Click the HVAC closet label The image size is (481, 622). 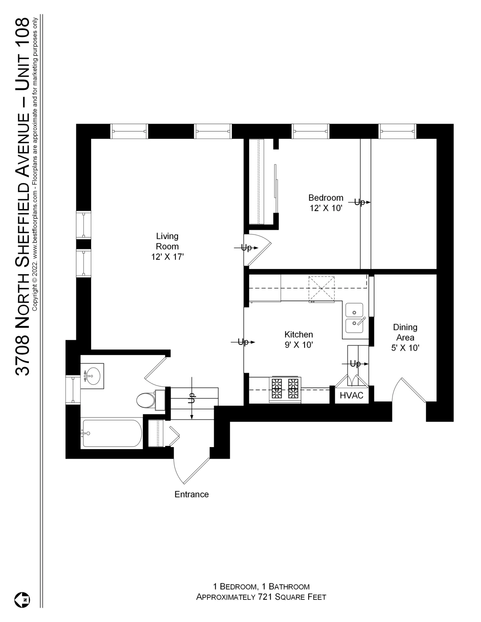point(351,395)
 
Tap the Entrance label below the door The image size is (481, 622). point(191,494)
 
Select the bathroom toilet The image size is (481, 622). point(146,401)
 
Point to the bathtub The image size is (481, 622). point(112,433)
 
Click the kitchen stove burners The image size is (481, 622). point(285,388)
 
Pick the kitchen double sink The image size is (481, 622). point(354,318)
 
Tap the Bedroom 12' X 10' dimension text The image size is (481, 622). point(326,208)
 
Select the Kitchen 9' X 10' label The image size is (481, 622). point(299,340)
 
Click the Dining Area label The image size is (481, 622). point(405,332)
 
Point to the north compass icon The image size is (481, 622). point(22,600)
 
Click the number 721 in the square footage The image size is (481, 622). point(264,597)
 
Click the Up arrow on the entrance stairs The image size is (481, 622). point(192,398)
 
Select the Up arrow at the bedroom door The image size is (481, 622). point(246,248)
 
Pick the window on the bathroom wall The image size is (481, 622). point(73,389)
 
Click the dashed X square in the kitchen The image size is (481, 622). point(321,289)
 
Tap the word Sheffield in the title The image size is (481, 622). point(23,228)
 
